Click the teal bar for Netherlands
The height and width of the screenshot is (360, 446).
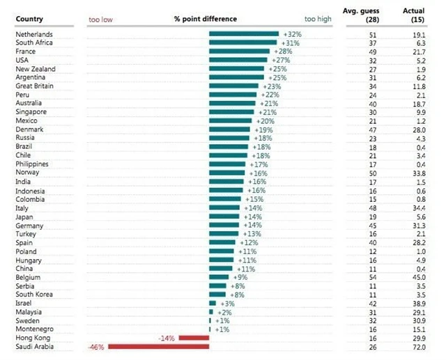pos(244,34)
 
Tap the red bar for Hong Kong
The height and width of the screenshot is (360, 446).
pos(194,338)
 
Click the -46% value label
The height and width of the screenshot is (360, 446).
pos(96,347)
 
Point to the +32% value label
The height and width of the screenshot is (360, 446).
pos(291,34)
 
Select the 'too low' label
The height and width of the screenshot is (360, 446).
pos(100,19)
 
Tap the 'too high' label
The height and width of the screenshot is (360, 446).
pos(318,19)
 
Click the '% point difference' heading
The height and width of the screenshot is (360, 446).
pos(205,19)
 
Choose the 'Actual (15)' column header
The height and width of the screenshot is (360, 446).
pos(414,15)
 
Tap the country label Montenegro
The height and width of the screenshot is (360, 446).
pos(36,329)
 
